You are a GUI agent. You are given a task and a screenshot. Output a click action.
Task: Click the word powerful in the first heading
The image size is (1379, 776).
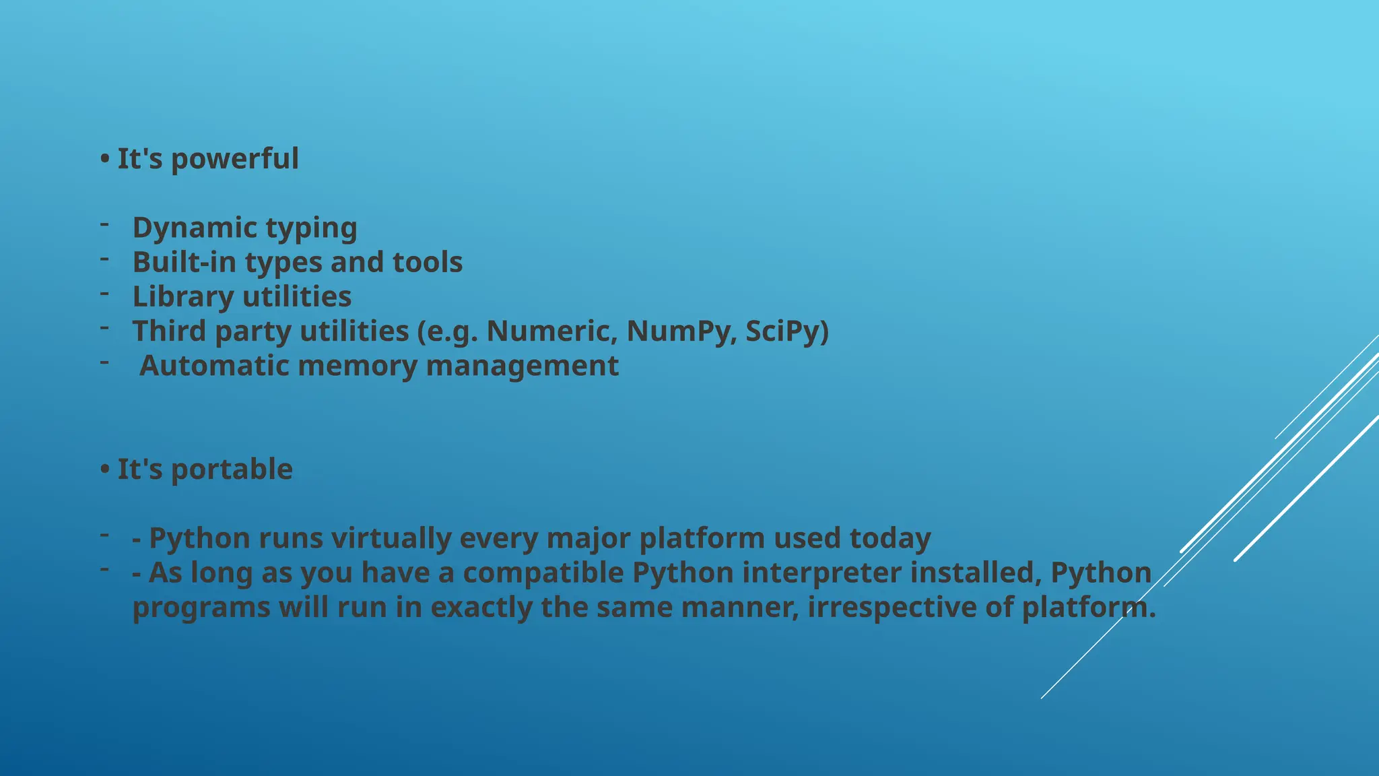pyautogui.click(x=234, y=160)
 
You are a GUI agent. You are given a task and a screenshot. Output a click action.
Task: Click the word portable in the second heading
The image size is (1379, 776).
pyautogui.click(x=232, y=470)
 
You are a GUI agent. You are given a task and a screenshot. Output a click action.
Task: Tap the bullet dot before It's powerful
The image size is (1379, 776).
pyautogui.click(x=104, y=160)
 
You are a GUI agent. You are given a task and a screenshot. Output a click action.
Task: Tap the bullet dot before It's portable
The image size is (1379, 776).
pyautogui.click(x=104, y=470)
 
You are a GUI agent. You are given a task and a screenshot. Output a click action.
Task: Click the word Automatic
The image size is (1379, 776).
pyautogui.click(x=213, y=366)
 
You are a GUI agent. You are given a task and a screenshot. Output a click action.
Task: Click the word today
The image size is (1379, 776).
pyautogui.click(x=889, y=538)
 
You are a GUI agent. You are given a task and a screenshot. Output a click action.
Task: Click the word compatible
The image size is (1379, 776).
pyautogui.click(x=543, y=573)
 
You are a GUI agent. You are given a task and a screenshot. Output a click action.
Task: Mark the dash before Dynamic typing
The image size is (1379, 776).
pyautogui.click(x=104, y=224)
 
